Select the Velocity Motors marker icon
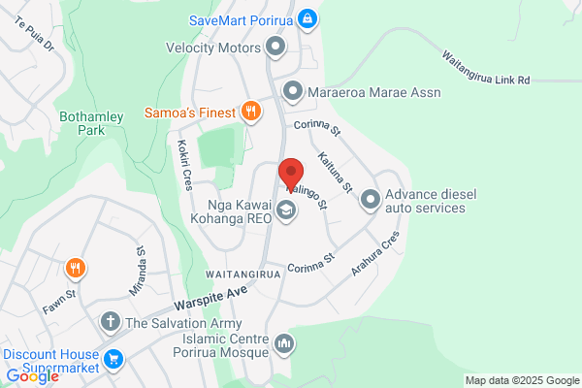click(x=275, y=47)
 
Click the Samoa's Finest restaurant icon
click(x=250, y=112)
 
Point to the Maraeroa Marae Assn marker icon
click(x=293, y=91)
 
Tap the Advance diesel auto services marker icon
click(x=370, y=200)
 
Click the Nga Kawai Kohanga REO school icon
click(x=286, y=210)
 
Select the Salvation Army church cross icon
click(x=112, y=322)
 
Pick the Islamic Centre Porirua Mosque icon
click(x=284, y=342)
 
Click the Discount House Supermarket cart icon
click(x=113, y=359)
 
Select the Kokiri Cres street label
click(x=182, y=166)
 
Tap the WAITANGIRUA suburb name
click(x=244, y=275)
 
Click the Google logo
click(x=32, y=376)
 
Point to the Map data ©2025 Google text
click(x=520, y=379)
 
